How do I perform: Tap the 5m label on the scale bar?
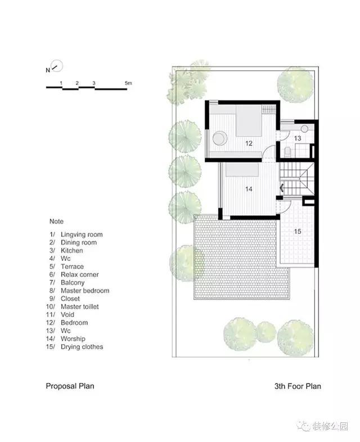128,83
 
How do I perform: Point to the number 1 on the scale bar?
61,83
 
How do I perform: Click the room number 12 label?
249,143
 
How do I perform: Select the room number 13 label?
298,138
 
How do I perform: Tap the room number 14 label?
249,189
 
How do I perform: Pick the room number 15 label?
298,232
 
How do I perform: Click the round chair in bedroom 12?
220,138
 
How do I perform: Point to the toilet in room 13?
287,152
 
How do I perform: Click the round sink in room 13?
304,129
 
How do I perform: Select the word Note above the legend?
56,222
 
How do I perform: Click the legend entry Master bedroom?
85,291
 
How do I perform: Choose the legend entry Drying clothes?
82,347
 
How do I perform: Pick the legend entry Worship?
73,339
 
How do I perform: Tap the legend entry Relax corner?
80,274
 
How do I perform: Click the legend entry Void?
67,314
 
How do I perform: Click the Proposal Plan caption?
70,386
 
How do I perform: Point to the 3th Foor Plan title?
298,386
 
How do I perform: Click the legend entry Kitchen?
72,251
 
